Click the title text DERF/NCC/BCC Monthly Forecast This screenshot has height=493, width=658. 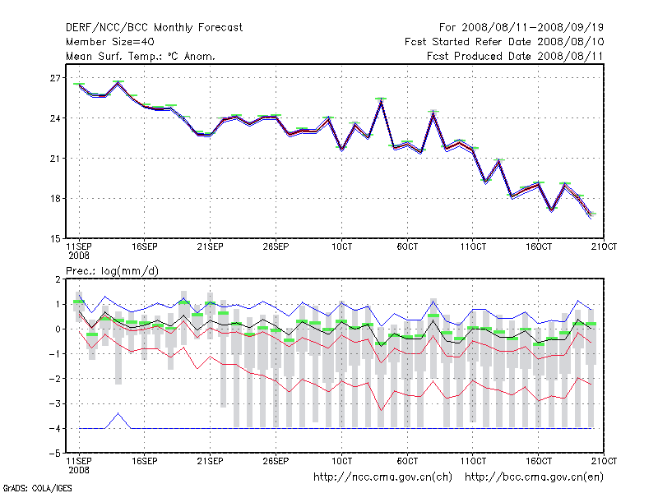pos(155,27)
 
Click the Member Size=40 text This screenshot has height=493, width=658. pos(109,41)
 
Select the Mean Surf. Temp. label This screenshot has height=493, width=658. pos(141,56)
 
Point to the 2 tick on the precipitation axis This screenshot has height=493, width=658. pos(58,279)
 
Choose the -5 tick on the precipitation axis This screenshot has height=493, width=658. pos(56,453)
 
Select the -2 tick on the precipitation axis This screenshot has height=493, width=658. pos(56,379)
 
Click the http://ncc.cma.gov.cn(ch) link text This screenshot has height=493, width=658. pos(382,477)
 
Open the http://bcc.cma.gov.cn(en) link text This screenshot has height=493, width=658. pos(535,477)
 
